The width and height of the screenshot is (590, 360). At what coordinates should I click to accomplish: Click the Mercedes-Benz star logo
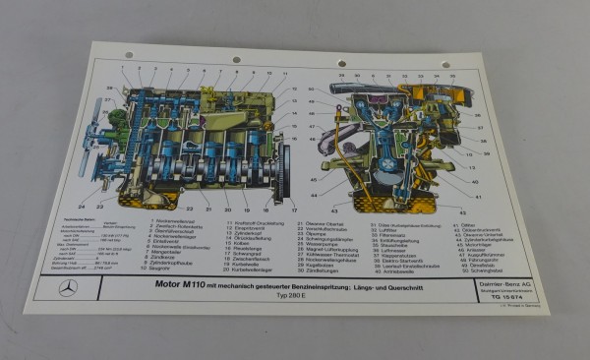click(68, 288)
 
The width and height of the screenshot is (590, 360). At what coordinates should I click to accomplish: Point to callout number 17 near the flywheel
click(293, 211)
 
